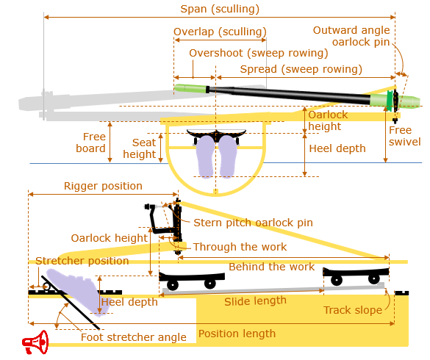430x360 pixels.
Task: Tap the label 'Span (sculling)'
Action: [220, 9]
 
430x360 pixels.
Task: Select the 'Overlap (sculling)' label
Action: [220, 32]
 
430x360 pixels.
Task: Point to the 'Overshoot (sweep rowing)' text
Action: [258, 53]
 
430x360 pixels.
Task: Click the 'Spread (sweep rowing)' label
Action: [301, 69]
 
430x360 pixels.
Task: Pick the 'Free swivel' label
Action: [404, 136]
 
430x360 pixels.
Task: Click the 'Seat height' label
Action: [140, 148]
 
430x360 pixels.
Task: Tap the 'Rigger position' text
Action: [103, 186]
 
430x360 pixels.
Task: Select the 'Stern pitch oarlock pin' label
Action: [253, 223]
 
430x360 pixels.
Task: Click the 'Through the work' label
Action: [240, 247]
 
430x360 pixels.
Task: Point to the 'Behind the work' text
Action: [272, 267]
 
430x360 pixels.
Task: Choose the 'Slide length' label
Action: [255, 301]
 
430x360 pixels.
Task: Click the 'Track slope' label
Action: [353, 310]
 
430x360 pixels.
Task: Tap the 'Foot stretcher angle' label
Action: [134, 337]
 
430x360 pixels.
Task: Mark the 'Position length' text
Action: [237, 334]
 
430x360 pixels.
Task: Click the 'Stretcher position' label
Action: [82, 261]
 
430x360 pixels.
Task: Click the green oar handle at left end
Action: [190, 88]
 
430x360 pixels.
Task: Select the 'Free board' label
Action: [90, 143]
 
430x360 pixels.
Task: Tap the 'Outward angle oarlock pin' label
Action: [351, 36]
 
